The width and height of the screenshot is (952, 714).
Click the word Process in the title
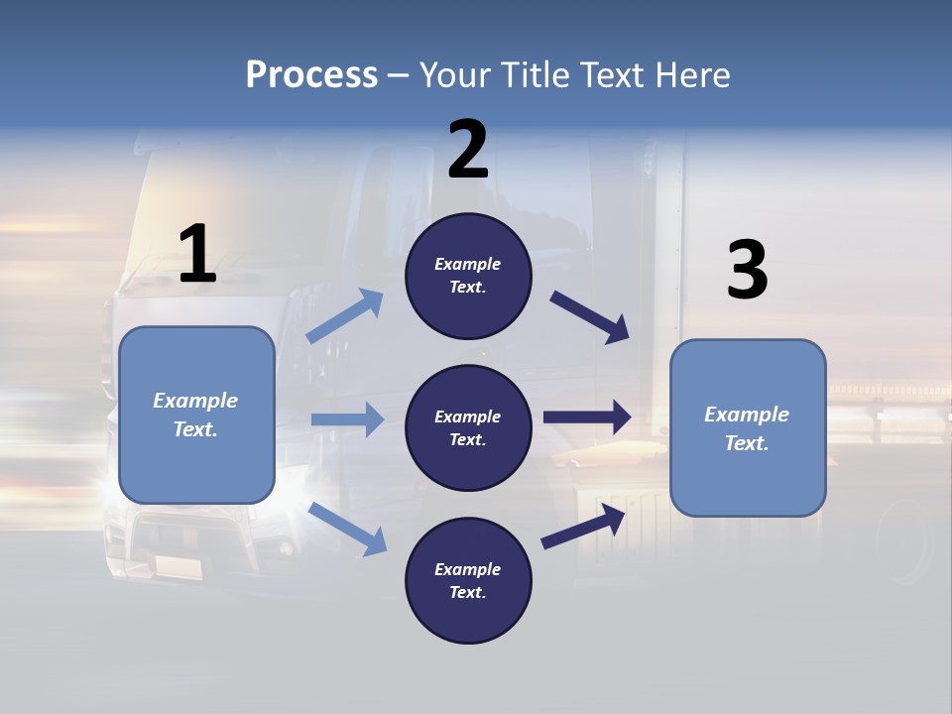tap(311, 75)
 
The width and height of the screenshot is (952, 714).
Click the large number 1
tap(197, 254)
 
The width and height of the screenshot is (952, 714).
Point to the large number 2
tap(468, 150)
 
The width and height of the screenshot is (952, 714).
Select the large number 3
tap(747, 271)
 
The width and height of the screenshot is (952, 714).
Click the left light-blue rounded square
tap(196, 415)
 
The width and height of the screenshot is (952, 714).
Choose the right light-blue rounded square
tap(748, 427)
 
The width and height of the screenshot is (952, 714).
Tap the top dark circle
tap(468, 276)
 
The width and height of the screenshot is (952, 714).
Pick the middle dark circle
tap(468, 427)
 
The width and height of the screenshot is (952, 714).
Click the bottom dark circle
tap(468, 580)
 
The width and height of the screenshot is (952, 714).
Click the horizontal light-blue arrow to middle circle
tap(347, 419)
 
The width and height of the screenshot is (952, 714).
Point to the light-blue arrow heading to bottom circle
tap(348, 529)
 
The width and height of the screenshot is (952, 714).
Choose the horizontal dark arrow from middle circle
tap(587, 417)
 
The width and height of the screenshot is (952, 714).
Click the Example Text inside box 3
tap(747, 428)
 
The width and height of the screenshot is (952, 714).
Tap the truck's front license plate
tap(178, 567)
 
